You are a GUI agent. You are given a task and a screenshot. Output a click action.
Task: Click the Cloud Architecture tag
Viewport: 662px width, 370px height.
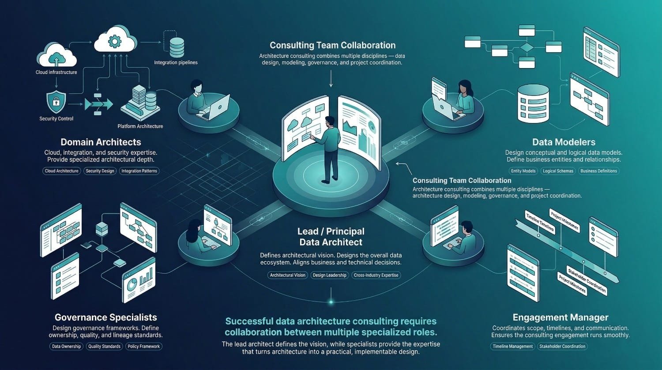pyautogui.click(x=62, y=171)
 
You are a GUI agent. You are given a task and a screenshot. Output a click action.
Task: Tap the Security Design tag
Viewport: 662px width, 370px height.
pyautogui.click(x=100, y=171)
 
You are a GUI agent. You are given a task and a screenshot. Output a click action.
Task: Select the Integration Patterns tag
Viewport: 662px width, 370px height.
pyautogui.click(x=139, y=171)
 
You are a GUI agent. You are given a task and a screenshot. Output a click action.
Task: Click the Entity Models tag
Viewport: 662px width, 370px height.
pyautogui.click(x=523, y=171)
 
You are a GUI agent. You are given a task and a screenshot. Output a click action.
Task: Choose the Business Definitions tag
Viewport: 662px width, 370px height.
pyautogui.click(x=598, y=171)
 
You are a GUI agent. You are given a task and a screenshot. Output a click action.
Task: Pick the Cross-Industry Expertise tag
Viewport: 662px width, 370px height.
pyautogui.click(x=376, y=275)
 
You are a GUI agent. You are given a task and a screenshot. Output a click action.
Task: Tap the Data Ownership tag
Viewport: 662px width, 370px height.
pyautogui.click(x=66, y=347)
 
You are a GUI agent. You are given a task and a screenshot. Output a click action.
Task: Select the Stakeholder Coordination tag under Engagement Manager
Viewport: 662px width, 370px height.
pyautogui.click(x=562, y=347)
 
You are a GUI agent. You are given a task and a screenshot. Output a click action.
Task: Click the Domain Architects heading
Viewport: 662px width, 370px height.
pyautogui.click(x=101, y=142)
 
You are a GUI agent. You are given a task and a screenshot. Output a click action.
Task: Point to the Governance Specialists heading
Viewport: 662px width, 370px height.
pyautogui.click(x=105, y=317)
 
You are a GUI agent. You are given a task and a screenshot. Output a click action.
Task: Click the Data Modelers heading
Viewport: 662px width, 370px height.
pyautogui.click(x=564, y=142)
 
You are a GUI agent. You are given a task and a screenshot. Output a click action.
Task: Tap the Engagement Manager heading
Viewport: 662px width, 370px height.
pyautogui.click(x=560, y=317)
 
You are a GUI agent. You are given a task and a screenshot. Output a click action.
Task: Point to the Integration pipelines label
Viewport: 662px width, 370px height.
pyautogui.click(x=176, y=63)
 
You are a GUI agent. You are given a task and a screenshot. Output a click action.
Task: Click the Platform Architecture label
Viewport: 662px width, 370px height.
pyautogui.click(x=140, y=126)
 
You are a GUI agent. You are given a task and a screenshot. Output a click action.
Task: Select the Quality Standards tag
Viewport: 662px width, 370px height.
pyautogui.click(x=104, y=347)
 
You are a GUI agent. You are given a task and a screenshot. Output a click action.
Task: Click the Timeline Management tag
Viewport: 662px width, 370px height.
pyautogui.click(x=513, y=347)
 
